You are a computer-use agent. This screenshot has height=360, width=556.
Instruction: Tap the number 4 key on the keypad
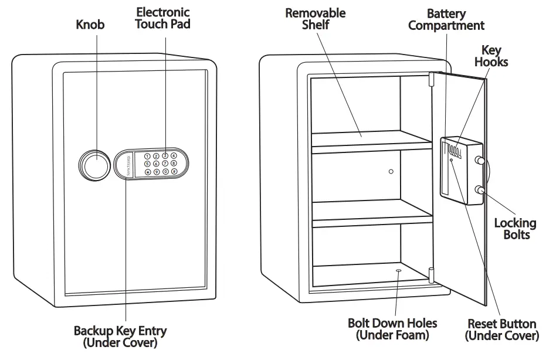click(x=174, y=156)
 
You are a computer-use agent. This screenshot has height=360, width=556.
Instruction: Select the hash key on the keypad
click(x=174, y=172)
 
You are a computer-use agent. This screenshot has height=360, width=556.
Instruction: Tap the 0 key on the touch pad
click(x=165, y=172)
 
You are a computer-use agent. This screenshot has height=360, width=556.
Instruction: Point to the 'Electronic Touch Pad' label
click(x=163, y=18)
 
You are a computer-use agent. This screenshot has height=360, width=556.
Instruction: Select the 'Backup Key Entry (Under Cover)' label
click(x=120, y=337)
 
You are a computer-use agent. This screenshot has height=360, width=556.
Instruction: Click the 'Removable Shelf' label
click(x=316, y=18)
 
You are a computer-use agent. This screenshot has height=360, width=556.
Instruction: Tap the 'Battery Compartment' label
click(x=446, y=19)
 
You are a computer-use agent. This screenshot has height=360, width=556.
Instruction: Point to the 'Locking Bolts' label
click(x=515, y=229)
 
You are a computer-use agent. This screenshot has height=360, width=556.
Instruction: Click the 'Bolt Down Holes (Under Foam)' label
click(x=392, y=329)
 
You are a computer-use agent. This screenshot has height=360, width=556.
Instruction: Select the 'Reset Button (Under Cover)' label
click(x=501, y=330)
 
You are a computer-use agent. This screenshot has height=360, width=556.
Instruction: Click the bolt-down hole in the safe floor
click(x=399, y=271)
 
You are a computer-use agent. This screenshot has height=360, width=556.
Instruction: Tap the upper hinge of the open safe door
click(x=431, y=79)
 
